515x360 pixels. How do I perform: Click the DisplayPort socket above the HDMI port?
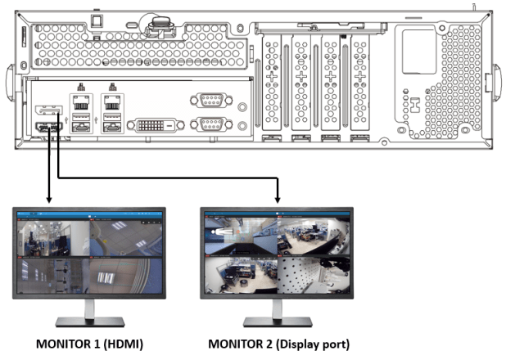[47, 110]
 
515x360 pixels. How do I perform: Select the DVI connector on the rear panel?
[159, 124]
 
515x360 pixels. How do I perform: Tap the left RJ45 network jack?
[82, 103]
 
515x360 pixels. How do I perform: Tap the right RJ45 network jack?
[112, 103]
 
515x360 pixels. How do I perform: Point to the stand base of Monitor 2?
[278, 322]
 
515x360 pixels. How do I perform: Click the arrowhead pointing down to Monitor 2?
[278, 198]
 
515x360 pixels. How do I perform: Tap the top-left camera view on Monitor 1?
[53, 238]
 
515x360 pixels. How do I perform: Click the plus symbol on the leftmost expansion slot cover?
[270, 81]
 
